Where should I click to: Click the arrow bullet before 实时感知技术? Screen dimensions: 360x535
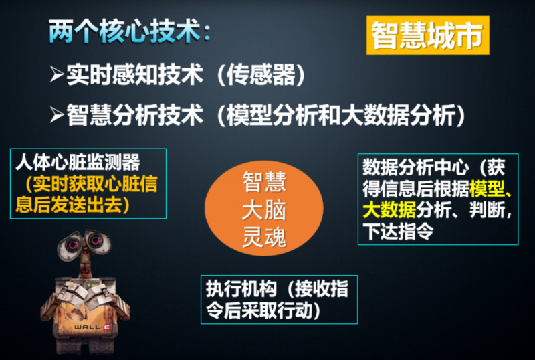coord(56,74)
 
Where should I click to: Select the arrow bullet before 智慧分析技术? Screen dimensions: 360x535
coord(56,115)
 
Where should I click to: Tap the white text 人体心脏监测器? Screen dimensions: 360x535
coord(77,163)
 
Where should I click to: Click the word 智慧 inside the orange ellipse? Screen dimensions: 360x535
coord(263,183)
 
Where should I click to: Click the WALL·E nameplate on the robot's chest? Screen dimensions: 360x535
coord(88,326)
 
